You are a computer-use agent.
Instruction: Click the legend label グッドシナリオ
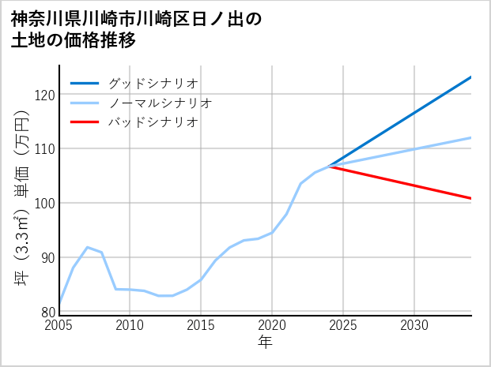click(x=153, y=83)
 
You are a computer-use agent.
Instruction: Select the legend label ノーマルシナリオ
click(x=160, y=103)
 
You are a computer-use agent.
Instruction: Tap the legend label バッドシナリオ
click(x=153, y=122)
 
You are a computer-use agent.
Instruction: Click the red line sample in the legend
click(x=85, y=122)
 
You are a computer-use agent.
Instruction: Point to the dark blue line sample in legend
click(x=85, y=83)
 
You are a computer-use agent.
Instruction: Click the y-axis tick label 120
click(x=45, y=95)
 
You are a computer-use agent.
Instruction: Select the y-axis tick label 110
click(x=45, y=148)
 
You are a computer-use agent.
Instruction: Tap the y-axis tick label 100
click(x=45, y=203)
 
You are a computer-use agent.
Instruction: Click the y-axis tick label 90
click(x=47, y=257)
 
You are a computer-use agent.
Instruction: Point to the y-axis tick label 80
click(x=47, y=311)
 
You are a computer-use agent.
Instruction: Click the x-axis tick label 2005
click(x=59, y=325)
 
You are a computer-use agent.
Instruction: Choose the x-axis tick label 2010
click(x=130, y=325)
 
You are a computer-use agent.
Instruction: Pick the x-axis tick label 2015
click(x=201, y=325)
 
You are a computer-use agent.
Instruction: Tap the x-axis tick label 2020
click(x=272, y=325)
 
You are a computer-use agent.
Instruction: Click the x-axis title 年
click(x=266, y=343)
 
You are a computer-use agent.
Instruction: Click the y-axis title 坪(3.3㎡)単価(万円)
click(x=21, y=197)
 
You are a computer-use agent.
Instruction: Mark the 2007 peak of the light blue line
click(x=87, y=247)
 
